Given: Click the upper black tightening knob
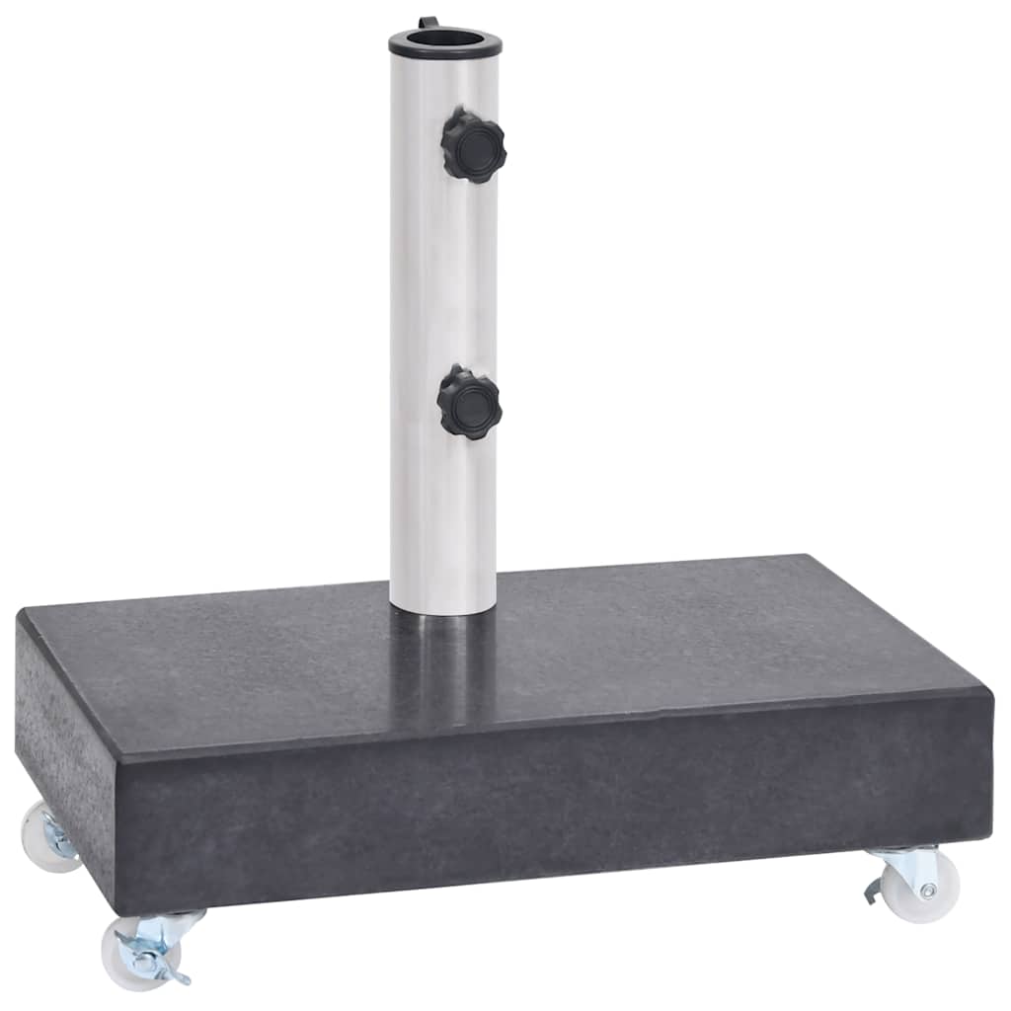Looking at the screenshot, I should (473, 146).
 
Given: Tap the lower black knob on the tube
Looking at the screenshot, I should (470, 402).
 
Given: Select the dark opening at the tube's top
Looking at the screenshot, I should (444, 39).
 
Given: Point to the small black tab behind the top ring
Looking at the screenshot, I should (427, 23).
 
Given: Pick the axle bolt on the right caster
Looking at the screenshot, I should (928, 891).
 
